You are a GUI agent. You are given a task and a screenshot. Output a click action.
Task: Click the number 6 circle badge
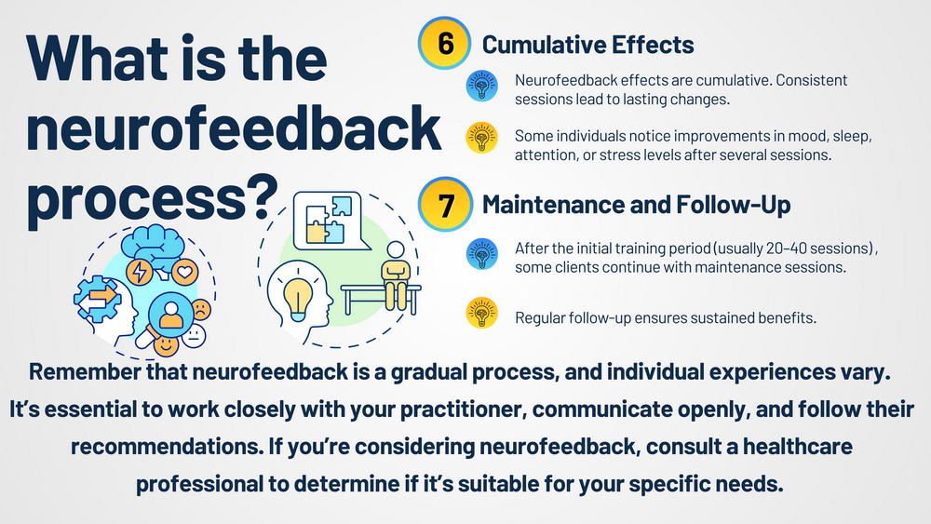tap(445, 44)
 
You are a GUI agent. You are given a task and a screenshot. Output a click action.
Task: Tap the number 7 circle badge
tap(445, 204)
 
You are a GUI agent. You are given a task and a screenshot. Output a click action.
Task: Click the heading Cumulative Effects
tap(587, 45)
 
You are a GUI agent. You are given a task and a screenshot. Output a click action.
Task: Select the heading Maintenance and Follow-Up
tap(636, 205)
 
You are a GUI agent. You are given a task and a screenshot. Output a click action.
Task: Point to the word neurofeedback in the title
tap(234, 128)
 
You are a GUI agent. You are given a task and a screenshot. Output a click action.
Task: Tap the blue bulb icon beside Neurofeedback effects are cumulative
tap(481, 86)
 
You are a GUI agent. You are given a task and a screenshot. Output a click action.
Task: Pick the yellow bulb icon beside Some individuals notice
tap(481, 139)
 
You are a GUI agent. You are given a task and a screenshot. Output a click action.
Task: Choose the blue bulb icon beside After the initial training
tap(481, 254)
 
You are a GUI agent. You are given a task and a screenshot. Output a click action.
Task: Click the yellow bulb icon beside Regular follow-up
tap(481, 313)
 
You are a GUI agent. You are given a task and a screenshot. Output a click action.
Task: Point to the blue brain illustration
tap(152, 245)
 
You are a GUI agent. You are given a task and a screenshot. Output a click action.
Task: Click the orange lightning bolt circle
tap(140, 273)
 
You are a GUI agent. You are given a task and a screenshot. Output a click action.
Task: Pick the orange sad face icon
tap(201, 310)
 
